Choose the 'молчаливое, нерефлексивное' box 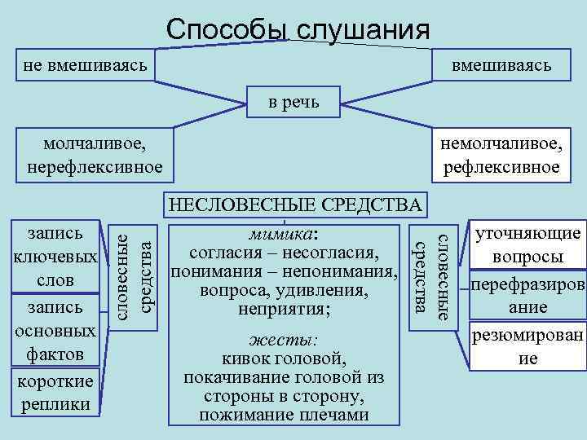pos(95,156)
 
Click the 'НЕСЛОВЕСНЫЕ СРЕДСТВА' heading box pos(294,205)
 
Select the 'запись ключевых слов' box pos(55,255)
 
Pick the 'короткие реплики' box pos(55,394)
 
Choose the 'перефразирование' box pos(527,297)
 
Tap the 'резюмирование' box pos(527,346)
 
